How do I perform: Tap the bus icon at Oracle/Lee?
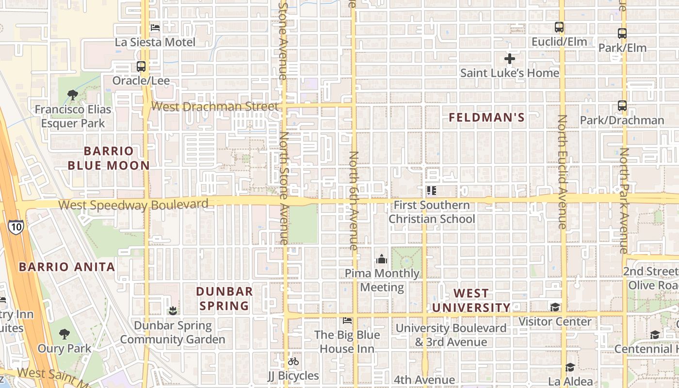point(141,66)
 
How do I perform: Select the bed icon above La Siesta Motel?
point(155,28)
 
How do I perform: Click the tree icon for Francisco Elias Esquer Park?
point(73,95)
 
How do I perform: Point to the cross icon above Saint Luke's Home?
point(509,59)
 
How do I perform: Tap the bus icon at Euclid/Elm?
point(559,27)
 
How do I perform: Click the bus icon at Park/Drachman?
point(622,106)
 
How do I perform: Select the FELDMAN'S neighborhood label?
point(486,117)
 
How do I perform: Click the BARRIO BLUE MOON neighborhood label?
point(109,158)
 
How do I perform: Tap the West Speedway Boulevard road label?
point(133,205)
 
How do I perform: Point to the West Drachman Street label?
point(215,106)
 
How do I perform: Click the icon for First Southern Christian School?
point(431,191)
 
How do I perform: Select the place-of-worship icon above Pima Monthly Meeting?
point(382,259)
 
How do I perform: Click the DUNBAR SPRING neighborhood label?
point(224,298)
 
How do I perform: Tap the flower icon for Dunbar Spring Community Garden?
point(173,310)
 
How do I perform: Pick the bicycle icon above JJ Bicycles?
point(293,361)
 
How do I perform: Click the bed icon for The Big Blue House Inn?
point(347,321)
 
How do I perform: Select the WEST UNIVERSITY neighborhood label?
point(471,300)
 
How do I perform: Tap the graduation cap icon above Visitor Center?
point(555,307)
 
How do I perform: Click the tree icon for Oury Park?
point(64,334)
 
